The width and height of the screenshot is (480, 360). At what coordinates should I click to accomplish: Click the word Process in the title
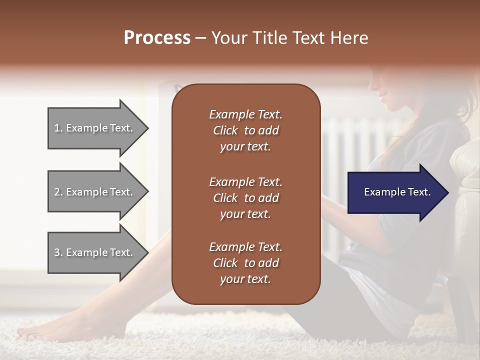click(x=157, y=38)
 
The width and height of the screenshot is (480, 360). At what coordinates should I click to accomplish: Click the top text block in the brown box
click(x=245, y=130)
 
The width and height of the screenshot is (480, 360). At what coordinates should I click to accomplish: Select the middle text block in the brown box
click(x=245, y=197)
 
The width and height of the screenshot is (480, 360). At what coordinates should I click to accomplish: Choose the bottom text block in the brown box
click(x=245, y=263)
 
